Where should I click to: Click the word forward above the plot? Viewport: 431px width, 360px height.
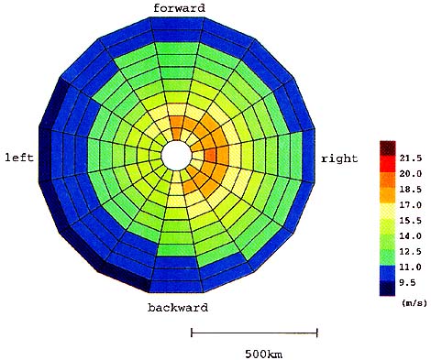tap(179, 8)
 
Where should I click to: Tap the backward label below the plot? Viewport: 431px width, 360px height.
tap(178, 307)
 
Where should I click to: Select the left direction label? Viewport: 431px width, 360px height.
tap(19, 158)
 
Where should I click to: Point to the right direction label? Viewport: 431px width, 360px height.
tap(339, 158)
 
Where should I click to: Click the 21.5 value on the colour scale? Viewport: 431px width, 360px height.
tap(411, 158)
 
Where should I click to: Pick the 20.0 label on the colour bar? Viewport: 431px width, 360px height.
tap(411, 174)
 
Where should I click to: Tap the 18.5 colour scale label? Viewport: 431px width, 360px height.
tap(411, 190)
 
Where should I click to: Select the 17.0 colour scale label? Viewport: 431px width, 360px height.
tap(411, 205)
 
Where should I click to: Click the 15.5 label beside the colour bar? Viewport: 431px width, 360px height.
tap(411, 221)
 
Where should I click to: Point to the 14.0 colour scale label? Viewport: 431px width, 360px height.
tap(411, 236)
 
